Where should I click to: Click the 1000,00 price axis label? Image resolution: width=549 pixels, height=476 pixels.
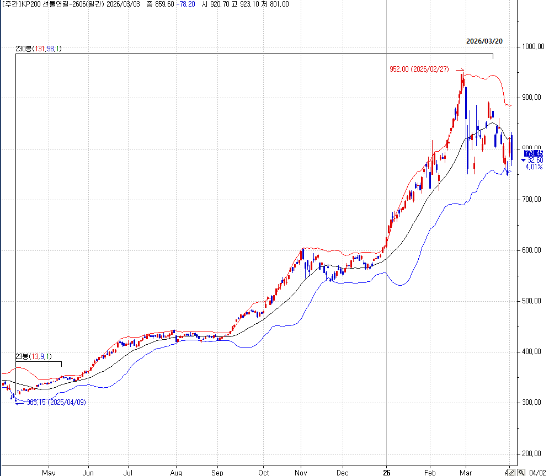click(x=532, y=47)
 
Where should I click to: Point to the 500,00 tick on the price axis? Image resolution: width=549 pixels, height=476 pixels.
click(x=532, y=301)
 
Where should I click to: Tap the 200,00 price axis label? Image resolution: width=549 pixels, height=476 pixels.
click(x=532, y=454)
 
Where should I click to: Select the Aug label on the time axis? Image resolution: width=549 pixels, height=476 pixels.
click(x=176, y=473)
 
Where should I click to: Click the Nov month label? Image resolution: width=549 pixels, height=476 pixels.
click(x=301, y=473)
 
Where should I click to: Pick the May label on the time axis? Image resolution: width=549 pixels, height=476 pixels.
click(x=49, y=473)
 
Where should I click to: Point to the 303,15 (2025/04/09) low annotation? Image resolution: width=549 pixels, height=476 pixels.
click(x=56, y=403)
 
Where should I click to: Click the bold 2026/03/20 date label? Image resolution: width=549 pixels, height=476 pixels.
click(x=484, y=41)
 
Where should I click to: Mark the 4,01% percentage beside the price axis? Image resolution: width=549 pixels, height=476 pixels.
click(x=533, y=167)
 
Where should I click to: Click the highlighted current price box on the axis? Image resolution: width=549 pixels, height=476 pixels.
click(x=533, y=153)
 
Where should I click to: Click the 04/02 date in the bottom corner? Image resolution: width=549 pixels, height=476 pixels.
click(x=537, y=473)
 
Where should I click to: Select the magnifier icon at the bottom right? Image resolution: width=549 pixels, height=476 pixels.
click(x=521, y=472)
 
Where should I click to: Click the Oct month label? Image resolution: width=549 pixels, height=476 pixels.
click(x=264, y=473)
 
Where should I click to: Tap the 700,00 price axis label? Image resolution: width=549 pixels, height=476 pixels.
click(x=532, y=200)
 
